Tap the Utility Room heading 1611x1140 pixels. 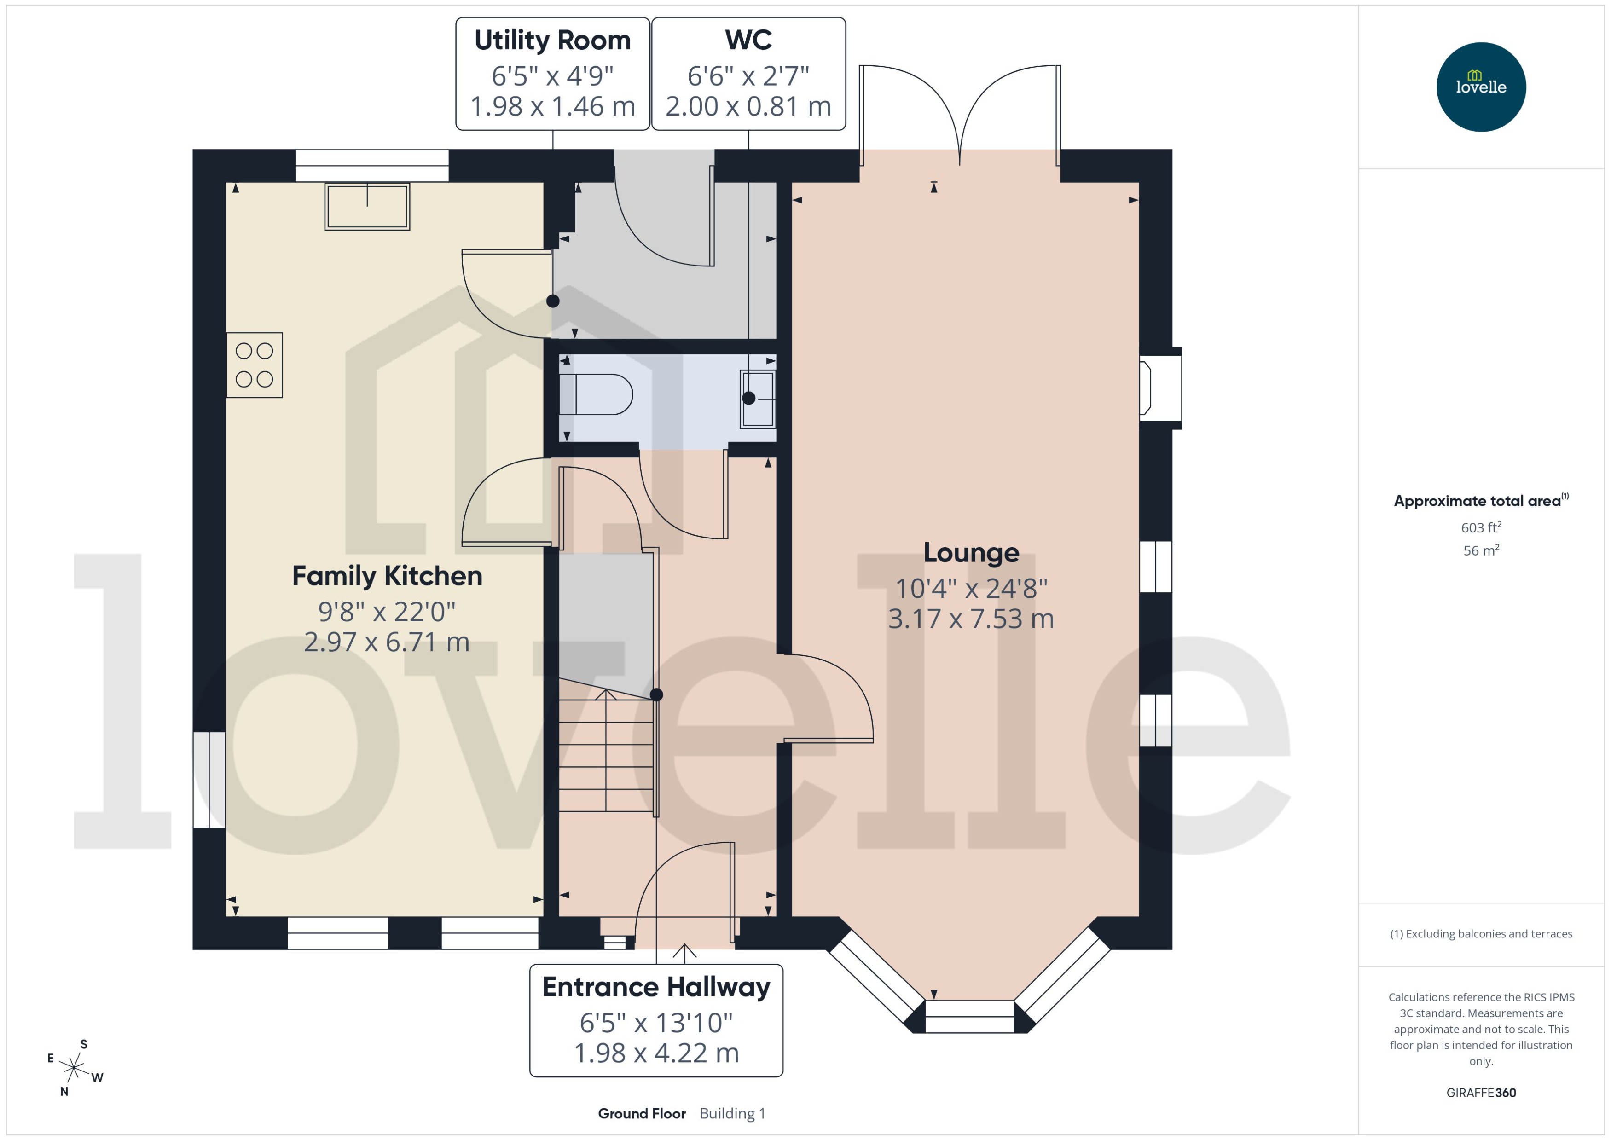click(552, 41)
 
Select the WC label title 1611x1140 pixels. click(748, 41)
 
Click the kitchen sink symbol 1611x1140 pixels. click(367, 206)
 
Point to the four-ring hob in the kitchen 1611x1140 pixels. click(254, 365)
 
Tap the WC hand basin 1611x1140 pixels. click(758, 399)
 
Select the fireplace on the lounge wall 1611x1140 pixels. click(1159, 388)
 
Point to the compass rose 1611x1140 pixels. click(74, 1068)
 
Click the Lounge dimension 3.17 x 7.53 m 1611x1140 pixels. click(971, 619)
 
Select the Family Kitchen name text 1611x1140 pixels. click(387, 576)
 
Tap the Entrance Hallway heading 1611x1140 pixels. click(655, 987)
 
